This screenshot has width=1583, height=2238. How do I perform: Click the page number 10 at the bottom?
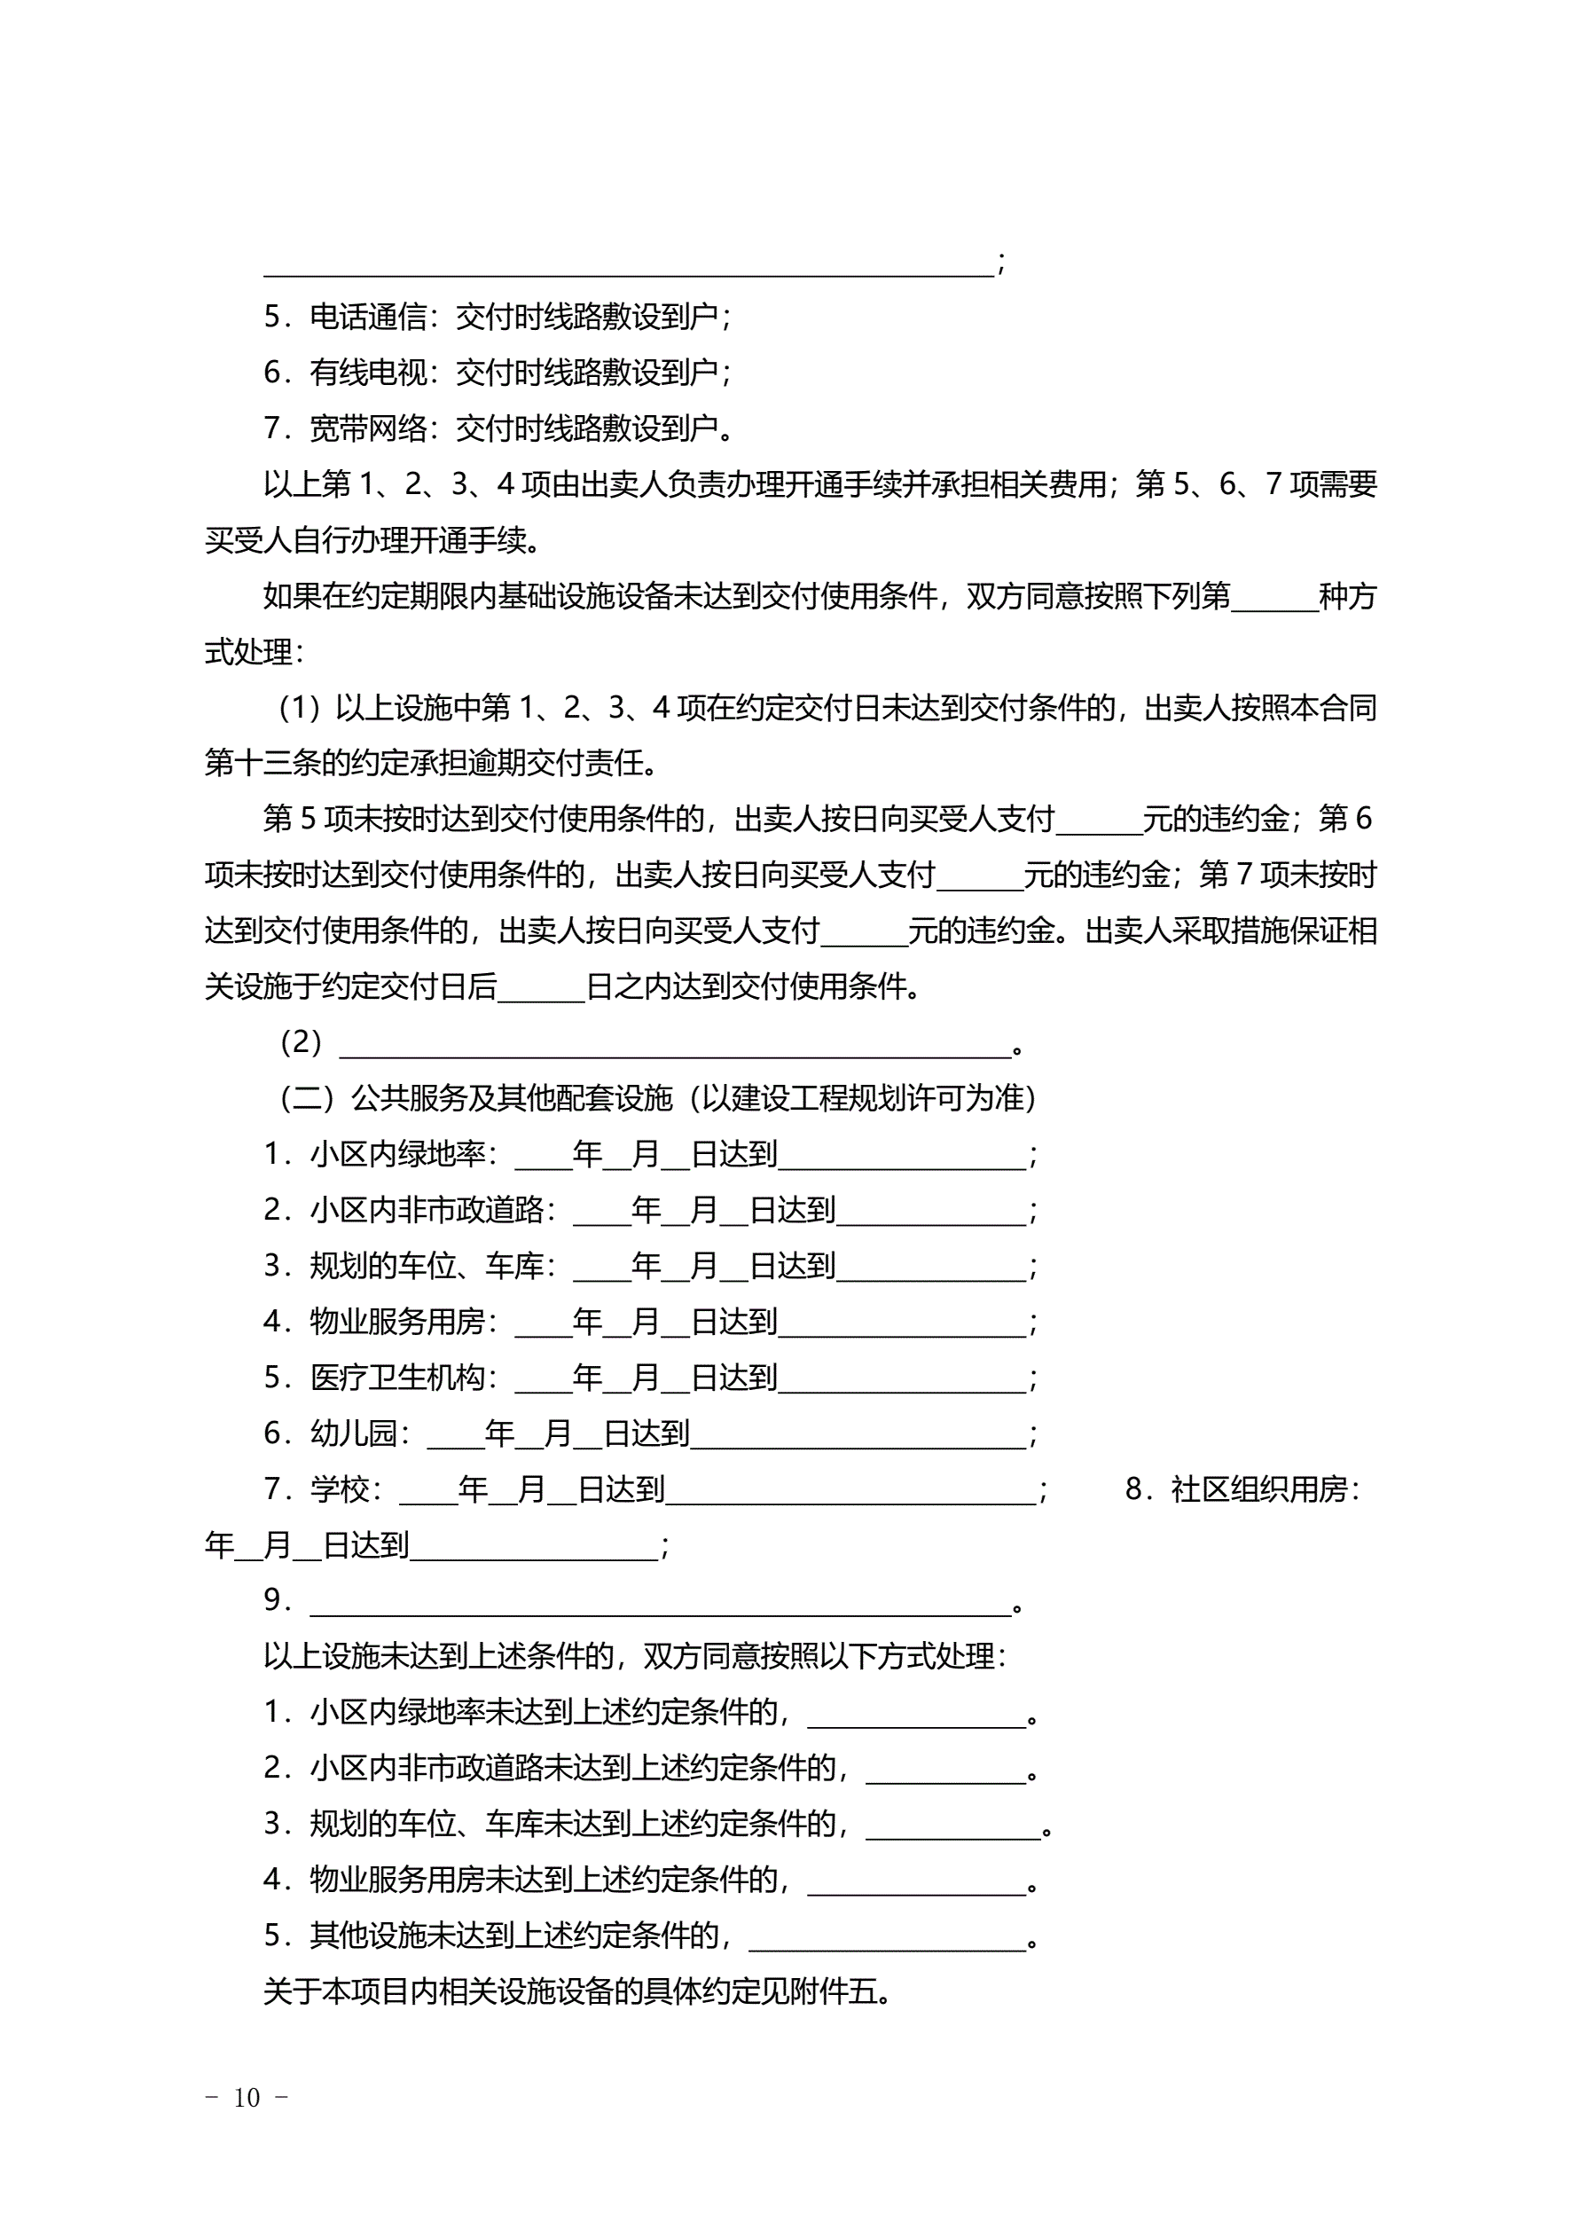point(247,2097)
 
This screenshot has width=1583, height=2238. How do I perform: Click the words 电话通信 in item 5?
point(368,316)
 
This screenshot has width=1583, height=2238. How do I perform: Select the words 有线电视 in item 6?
point(368,372)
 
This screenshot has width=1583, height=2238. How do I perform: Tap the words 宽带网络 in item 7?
point(368,428)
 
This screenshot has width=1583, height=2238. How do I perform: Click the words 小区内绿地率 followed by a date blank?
point(397,1154)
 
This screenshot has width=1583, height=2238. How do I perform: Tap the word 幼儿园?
point(354,1433)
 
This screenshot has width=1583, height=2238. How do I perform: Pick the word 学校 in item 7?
point(341,1488)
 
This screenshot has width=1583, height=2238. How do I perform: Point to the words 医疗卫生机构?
point(397,1378)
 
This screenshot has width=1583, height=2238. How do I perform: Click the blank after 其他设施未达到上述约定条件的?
point(887,1938)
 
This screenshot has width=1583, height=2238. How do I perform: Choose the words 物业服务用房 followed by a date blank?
point(397,1322)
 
